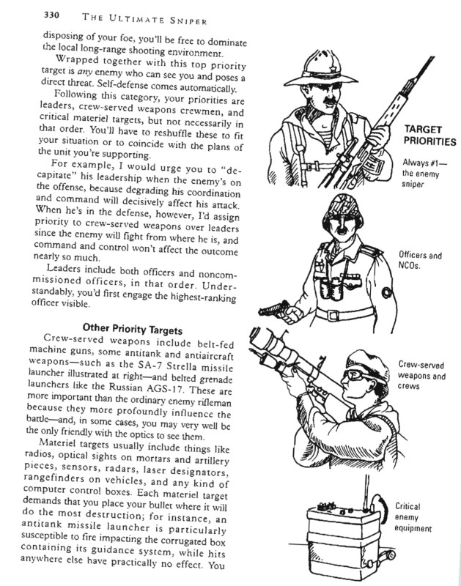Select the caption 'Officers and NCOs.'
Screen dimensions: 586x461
(424, 262)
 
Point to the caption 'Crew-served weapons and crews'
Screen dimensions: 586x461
(423, 376)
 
